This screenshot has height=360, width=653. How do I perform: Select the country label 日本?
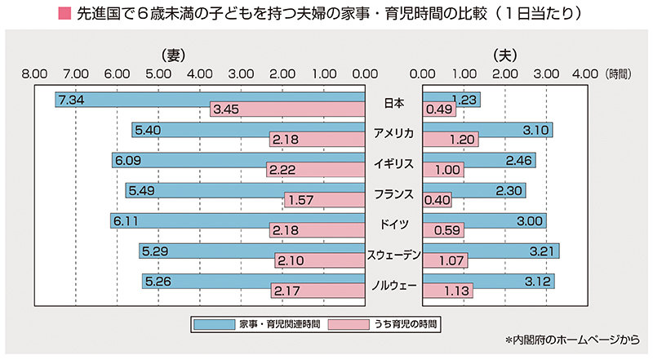[x=393, y=103]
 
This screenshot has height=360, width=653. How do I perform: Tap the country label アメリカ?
[x=393, y=133]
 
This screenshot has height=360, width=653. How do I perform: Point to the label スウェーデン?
[x=393, y=255]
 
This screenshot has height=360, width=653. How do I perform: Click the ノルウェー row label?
[x=393, y=285]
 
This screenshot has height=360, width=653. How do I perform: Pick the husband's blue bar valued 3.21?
[x=491, y=251]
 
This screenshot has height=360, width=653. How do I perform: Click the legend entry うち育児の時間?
[x=384, y=324]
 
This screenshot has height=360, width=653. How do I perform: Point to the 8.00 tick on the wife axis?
[x=35, y=73]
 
